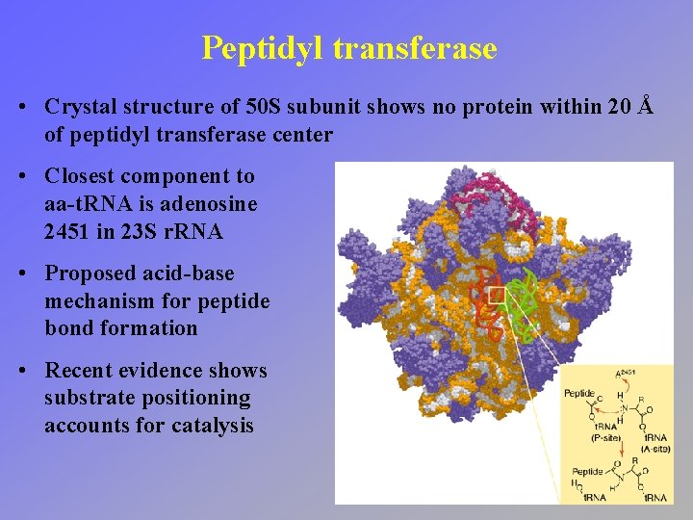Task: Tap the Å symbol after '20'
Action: tap(646, 106)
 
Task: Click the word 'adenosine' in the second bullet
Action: tap(211, 204)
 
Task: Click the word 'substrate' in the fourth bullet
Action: tap(88, 398)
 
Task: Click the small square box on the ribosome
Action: tap(497, 295)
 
